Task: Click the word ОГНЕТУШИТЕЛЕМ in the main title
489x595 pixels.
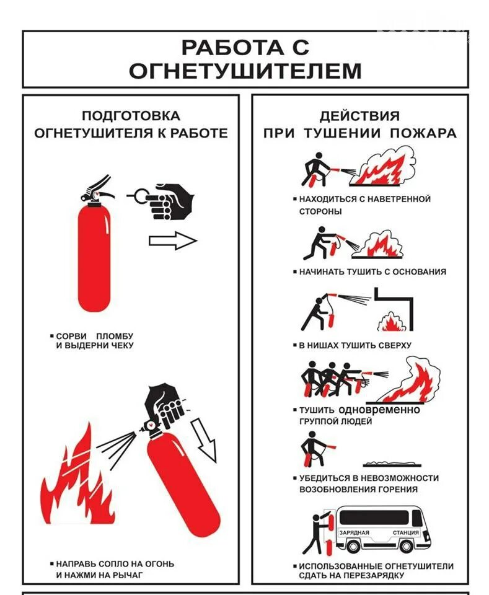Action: click(x=245, y=71)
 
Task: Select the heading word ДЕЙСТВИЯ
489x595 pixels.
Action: click(x=359, y=116)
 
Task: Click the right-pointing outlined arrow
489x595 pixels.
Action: click(x=172, y=240)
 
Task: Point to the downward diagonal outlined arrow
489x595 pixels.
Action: click(x=205, y=439)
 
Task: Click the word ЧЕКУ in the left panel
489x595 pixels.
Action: click(x=119, y=346)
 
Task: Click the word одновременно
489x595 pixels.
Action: click(x=379, y=410)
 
